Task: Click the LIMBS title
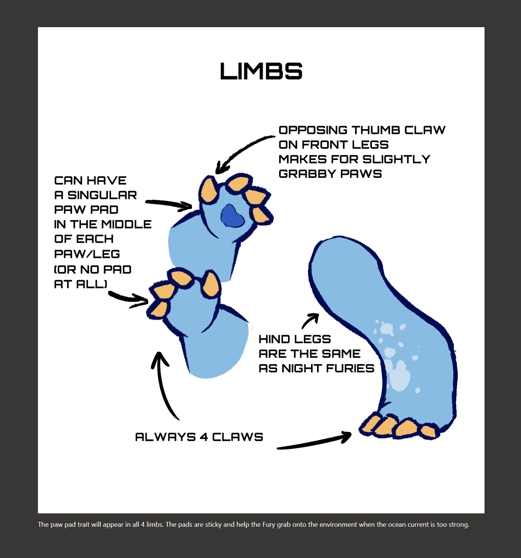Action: click(x=261, y=71)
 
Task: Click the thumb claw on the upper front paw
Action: click(x=208, y=190)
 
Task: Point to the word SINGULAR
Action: click(x=102, y=195)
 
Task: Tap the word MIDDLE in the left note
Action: click(x=127, y=224)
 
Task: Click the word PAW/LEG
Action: click(x=87, y=254)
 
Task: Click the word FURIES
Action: click(x=350, y=368)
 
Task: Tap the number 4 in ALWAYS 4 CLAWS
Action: click(x=204, y=437)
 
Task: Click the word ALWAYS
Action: click(x=165, y=437)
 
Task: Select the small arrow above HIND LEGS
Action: click(x=310, y=320)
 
